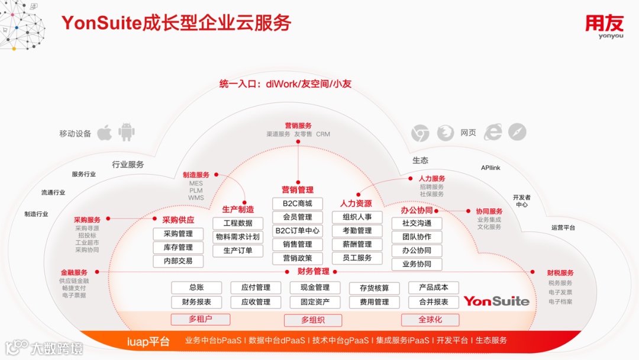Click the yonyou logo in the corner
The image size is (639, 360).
pos(604,27)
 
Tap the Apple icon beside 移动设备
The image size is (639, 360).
pos(105,133)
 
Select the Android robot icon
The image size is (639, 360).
pos(127,132)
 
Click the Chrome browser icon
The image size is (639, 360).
pos(420,133)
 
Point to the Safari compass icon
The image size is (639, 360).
pos(517,133)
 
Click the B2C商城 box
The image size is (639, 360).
pos(298,204)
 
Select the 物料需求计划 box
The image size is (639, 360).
pos(237,237)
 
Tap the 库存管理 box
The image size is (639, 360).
pos(178,247)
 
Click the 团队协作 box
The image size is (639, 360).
pos(417,237)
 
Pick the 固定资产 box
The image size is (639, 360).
pos(315,302)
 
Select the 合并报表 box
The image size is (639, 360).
pos(433,302)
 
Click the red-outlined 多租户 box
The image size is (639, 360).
pos(200,320)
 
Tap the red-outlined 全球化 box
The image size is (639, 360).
pos(430,320)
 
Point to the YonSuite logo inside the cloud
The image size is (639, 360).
pos(496,301)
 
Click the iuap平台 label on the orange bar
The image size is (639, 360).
pos(148,342)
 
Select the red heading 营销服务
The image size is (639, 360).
pos(298,126)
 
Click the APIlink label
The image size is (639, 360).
pos(490,168)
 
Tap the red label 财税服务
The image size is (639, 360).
pos(560,273)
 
